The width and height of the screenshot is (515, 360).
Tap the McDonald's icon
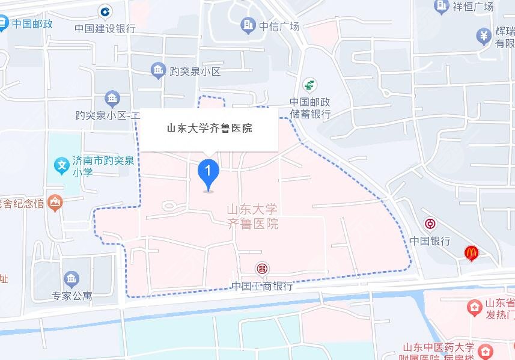[x=472, y=254]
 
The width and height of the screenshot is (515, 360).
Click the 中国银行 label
[x=430, y=240]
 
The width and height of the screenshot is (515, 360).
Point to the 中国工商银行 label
[x=262, y=286]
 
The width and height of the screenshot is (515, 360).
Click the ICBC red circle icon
[x=262, y=269]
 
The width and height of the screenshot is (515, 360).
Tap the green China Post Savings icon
[x=310, y=85]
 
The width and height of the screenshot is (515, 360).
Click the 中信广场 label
[x=279, y=26]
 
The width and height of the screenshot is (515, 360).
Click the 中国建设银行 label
[x=105, y=28]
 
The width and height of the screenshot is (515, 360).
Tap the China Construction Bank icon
[x=105, y=11]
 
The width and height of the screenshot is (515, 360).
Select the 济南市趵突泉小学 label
[x=102, y=166]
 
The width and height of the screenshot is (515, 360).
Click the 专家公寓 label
[x=72, y=296]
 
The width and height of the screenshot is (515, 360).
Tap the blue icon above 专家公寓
[x=72, y=278]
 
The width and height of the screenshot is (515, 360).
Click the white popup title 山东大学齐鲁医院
[x=209, y=128]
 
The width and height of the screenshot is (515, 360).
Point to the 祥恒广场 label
[x=473, y=7]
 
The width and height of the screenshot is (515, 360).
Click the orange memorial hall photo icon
[x=55, y=203]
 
